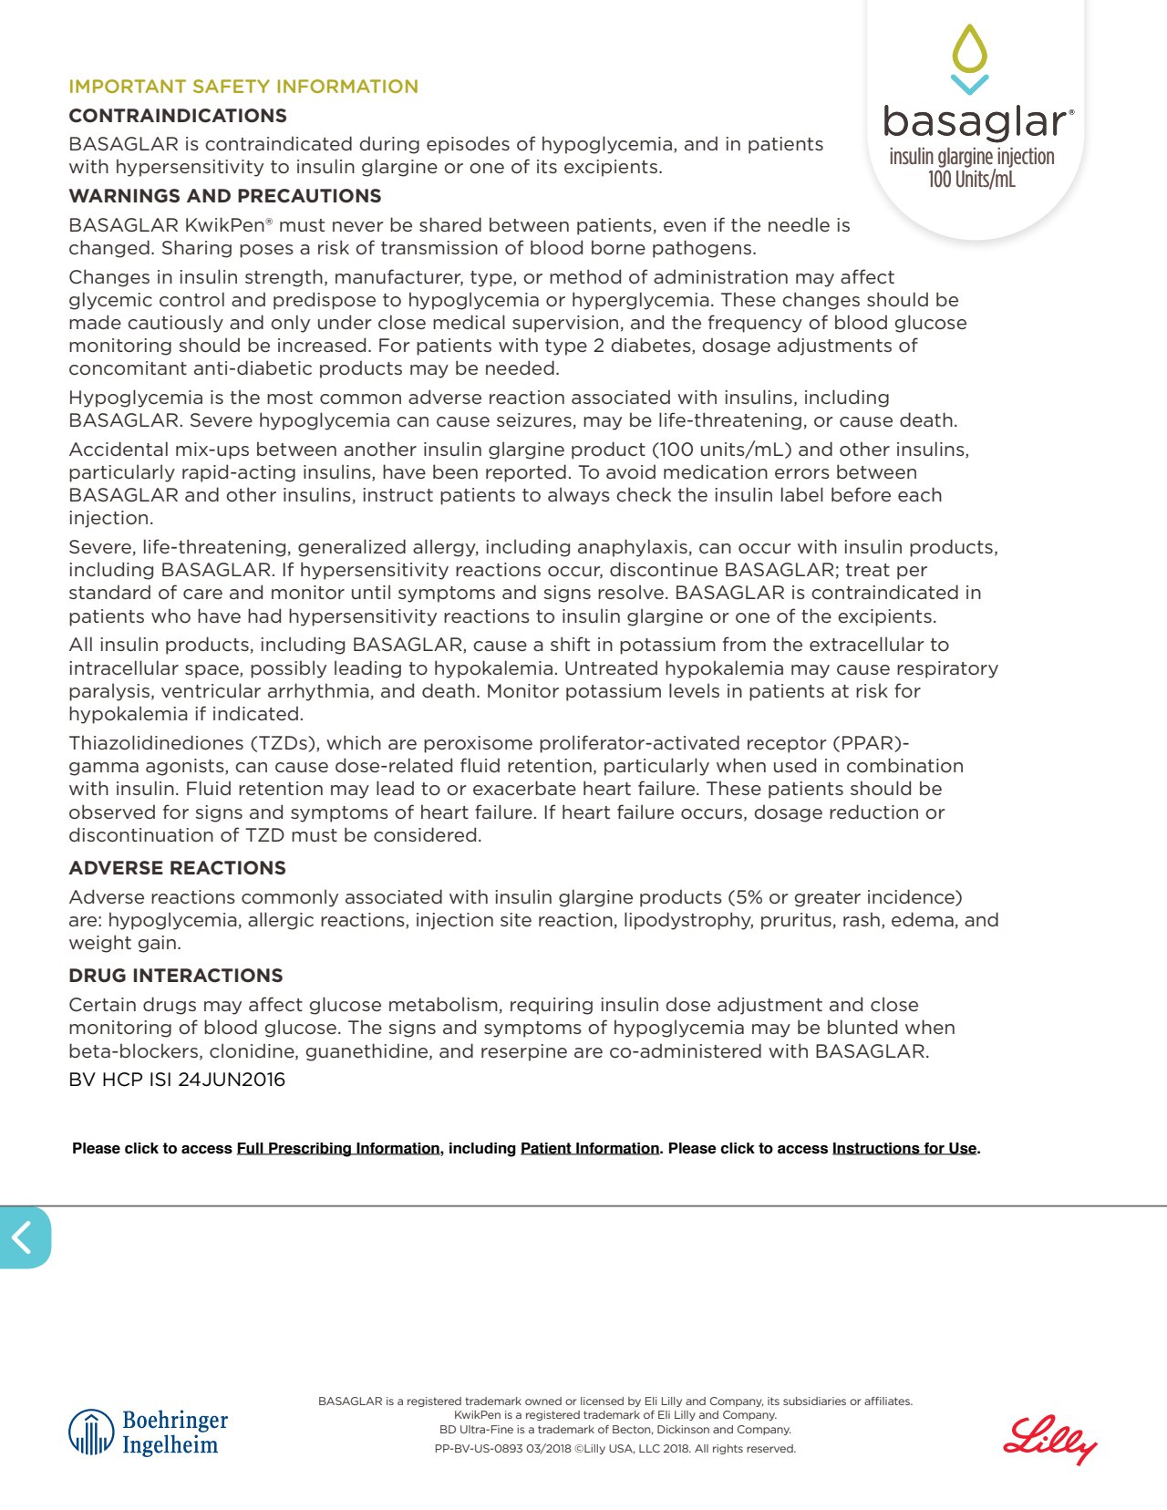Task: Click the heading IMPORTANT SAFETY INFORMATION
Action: (x=243, y=87)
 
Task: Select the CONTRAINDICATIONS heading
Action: (x=178, y=116)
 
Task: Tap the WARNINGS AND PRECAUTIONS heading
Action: (x=224, y=196)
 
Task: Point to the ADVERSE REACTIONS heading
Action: (x=177, y=868)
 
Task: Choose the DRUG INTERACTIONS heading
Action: (x=175, y=976)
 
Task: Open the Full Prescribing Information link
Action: (x=337, y=1148)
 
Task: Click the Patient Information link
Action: (x=589, y=1148)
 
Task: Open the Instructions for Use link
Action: (x=904, y=1148)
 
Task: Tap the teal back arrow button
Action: (x=24, y=1237)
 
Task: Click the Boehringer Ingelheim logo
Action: (x=149, y=1432)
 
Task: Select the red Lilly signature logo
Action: (x=1049, y=1439)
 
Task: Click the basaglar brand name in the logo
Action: (x=974, y=121)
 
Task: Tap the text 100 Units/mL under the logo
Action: (x=971, y=180)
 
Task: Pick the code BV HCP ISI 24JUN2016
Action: (x=177, y=1080)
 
